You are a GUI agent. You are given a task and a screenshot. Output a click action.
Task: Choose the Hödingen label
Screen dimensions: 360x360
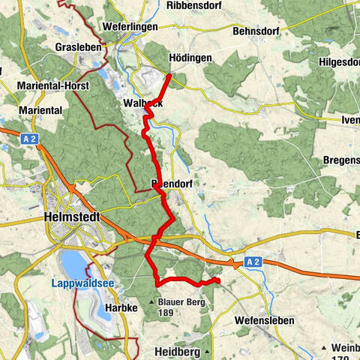[190, 58]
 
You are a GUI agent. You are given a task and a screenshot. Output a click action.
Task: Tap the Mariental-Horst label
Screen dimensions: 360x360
[52, 85]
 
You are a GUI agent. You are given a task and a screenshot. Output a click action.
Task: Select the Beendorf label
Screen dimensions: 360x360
[168, 183]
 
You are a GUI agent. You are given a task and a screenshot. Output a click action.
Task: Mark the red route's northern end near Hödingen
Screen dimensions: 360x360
[170, 75]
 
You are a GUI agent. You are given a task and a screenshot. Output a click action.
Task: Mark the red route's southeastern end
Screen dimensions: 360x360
[217, 280]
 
